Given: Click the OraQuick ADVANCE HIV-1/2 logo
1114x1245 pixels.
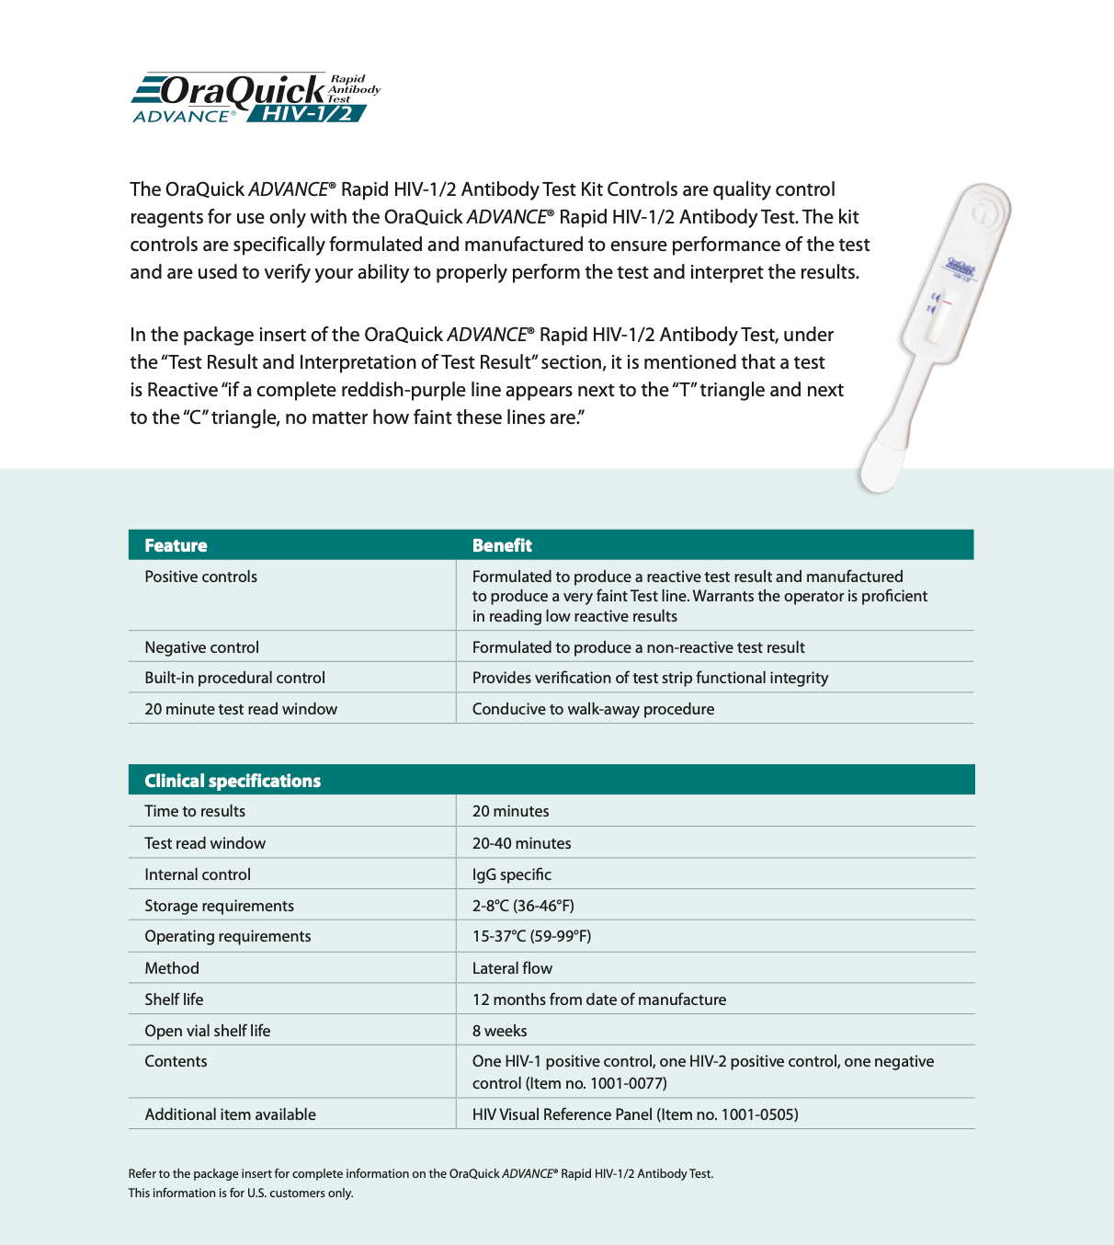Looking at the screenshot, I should click(256, 98).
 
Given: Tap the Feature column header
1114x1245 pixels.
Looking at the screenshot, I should click(176, 545).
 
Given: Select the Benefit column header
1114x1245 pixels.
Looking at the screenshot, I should click(502, 545).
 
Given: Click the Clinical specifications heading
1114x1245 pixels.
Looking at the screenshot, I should click(233, 781).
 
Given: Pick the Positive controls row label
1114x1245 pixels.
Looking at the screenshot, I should click(200, 577).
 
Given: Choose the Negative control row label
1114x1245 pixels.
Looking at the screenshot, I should click(201, 647).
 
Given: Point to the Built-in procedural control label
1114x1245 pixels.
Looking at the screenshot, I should click(234, 678).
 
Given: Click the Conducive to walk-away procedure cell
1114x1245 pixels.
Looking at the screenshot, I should click(593, 709).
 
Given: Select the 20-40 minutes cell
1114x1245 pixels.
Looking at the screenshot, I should click(521, 843).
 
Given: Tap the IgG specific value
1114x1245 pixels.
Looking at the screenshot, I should click(511, 874).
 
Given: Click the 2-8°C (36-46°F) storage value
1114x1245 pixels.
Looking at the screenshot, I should click(523, 906).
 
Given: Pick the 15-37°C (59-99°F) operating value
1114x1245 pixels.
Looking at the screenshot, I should click(531, 936).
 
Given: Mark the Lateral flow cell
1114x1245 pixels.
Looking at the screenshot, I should click(512, 968).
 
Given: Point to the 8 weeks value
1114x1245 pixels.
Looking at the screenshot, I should click(499, 1031).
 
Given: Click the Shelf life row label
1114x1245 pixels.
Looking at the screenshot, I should click(174, 999).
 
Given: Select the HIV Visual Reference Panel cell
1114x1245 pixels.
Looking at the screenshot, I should click(634, 1114).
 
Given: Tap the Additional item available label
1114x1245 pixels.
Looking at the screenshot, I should click(230, 1114).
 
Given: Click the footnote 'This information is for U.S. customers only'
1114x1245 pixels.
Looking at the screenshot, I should click(241, 1194).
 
